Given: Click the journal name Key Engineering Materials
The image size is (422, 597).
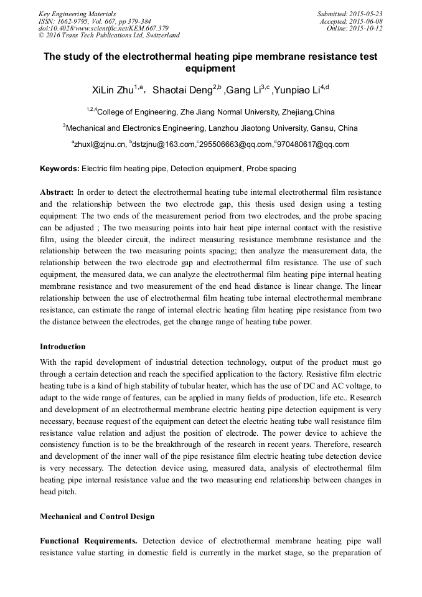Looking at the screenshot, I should coord(77,14).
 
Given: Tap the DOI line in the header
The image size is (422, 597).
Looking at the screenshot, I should coord(103,28).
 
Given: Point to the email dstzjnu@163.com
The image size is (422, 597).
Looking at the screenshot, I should coord(163,144).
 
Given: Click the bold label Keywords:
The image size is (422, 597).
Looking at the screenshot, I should coord(59,169).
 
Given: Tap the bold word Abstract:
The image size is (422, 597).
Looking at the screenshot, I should coord(57,192).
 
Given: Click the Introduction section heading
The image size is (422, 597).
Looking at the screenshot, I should coord(63,347).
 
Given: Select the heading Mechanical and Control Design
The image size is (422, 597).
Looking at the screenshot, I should coord(97,517).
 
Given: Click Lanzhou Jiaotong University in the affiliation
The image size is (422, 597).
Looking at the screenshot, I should coord(256,128).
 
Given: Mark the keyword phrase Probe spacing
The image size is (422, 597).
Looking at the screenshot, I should coord(271,169).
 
